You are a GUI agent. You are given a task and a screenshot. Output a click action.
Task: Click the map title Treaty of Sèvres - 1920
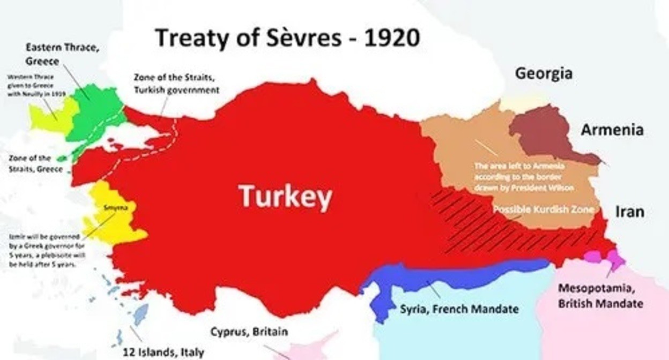[287, 39]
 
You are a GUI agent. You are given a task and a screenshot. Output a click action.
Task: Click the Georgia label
[543, 73]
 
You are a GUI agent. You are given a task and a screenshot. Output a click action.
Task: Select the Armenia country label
[612, 130]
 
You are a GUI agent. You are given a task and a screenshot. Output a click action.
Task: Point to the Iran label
[629, 212]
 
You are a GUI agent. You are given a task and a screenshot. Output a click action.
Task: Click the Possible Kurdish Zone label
[543, 209]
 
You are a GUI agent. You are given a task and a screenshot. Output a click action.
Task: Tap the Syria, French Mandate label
[459, 309]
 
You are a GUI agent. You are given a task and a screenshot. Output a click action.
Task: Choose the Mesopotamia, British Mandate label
[600, 296]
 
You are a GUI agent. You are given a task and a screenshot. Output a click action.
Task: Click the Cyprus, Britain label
[249, 332]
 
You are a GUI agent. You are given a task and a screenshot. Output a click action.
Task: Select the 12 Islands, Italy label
[163, 352]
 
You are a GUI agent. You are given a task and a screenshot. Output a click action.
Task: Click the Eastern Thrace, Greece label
[62, 54]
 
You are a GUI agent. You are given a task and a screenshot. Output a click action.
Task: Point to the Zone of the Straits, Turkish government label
[176, 84]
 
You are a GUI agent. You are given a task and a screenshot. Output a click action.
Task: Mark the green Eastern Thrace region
[96, 110]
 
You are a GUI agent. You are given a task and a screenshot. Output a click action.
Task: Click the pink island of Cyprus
[316, 346]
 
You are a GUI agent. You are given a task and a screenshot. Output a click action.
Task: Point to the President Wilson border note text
[524, 177]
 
